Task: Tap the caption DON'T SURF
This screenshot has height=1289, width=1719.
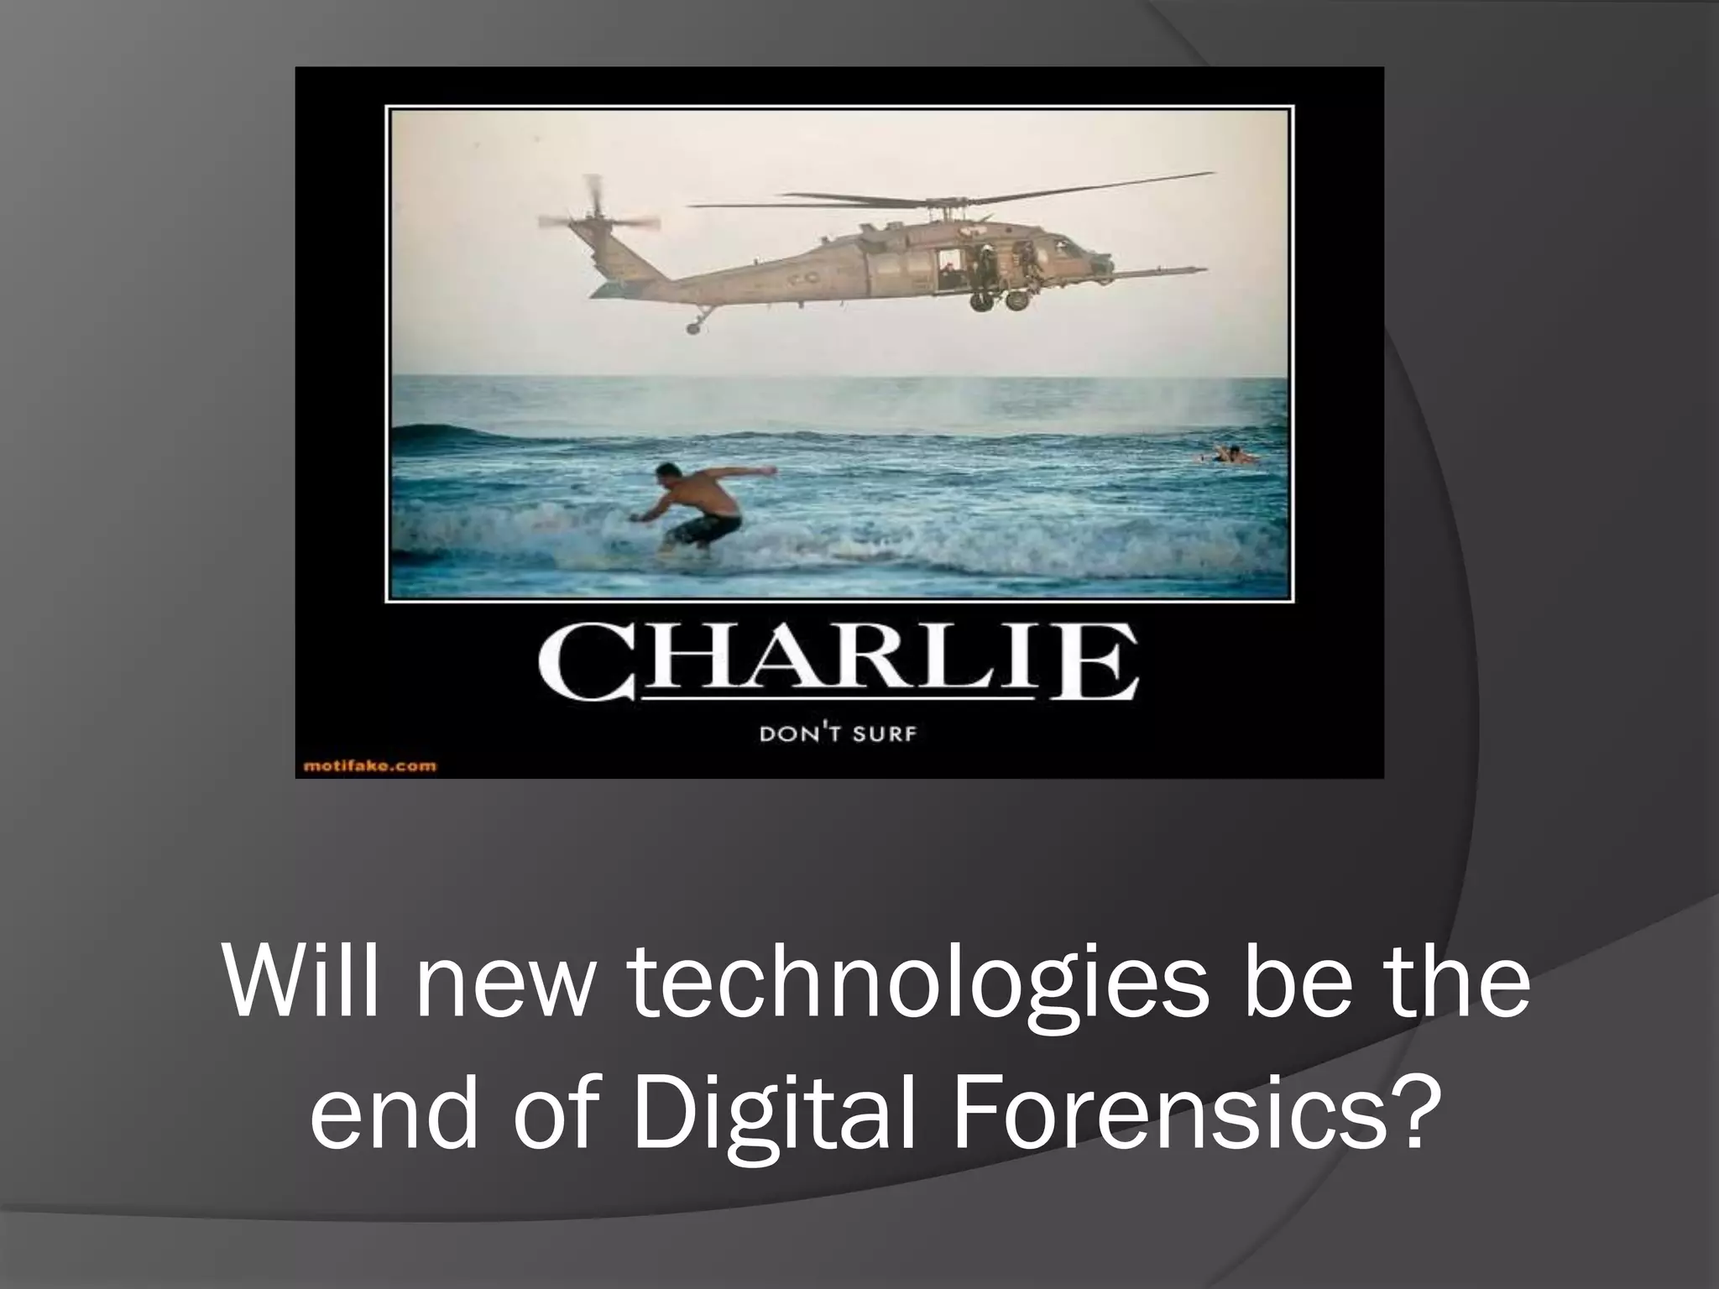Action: coord(838,735)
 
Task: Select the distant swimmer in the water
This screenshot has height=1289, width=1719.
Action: coord(1228,455)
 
